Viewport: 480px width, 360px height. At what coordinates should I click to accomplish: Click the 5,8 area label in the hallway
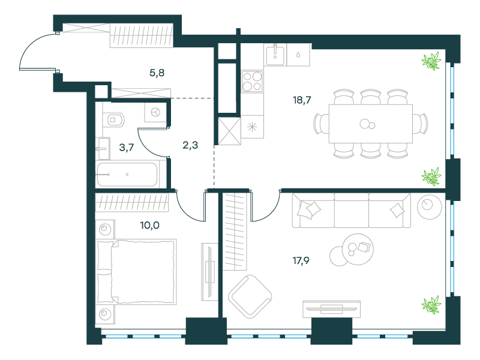coord(157,73)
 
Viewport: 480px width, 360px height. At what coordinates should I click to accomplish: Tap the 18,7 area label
coord(302,100)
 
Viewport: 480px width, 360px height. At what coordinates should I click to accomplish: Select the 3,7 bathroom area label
coord(127,148)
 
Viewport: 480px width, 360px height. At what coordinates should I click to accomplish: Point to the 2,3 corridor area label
coord(190,145)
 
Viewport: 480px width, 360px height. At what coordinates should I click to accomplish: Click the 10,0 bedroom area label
coord(149,226)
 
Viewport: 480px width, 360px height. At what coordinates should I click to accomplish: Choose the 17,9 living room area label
coord(301,261)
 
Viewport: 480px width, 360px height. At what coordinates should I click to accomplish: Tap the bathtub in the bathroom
coord(127,175)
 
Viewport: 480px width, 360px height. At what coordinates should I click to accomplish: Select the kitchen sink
coord(275,55)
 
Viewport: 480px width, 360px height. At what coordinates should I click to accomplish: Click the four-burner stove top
coord(252,82)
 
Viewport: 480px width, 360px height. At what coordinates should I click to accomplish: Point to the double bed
coord(136,272)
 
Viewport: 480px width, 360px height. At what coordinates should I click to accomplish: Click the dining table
coord(371,124)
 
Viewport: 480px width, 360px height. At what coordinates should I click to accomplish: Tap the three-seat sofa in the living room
coord(352,211)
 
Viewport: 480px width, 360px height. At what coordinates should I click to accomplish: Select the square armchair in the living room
coord(250,296)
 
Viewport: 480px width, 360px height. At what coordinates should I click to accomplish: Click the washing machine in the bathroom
coord(155,112)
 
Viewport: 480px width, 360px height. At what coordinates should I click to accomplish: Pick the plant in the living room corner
coord(431,305)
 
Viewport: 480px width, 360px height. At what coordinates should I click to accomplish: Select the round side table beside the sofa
coord(429,206)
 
